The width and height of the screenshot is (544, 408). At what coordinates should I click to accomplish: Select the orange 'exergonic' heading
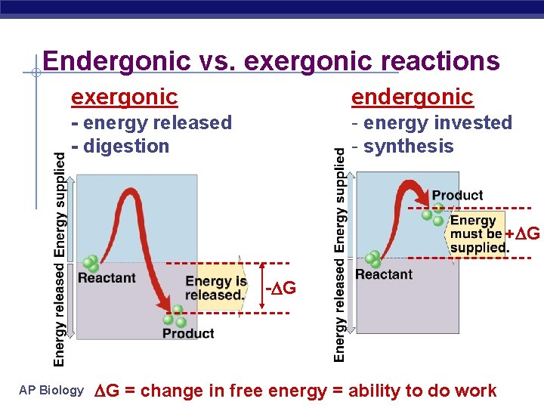coord(125,97)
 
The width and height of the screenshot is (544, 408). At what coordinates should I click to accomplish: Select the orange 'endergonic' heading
coord(412,97)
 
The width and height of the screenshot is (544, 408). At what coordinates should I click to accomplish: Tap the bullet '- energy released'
coord(151,122)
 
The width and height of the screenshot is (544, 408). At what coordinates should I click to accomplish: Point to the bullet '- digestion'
coord(120,146)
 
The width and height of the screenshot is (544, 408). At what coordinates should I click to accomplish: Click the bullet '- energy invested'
coord(431,122)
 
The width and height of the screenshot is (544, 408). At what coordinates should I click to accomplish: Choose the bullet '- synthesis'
coord(402,146)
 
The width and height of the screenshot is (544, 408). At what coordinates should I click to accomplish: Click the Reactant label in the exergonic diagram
coord(107,278)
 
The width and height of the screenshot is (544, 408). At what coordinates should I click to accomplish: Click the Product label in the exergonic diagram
coord(188,333)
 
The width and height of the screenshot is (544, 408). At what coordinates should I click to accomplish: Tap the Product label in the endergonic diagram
coord(457,195)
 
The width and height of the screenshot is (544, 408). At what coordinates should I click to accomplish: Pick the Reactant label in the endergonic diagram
coord(384,274)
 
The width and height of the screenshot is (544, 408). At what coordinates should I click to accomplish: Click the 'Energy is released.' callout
coord(216,288)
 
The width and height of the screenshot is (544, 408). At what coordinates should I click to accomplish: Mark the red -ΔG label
coord(280,289)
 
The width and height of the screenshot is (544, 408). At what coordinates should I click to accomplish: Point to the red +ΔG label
coord(523,233)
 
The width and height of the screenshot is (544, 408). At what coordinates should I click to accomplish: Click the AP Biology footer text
coord(52,391)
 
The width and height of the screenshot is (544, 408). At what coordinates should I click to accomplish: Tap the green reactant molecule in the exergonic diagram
coord(91,264)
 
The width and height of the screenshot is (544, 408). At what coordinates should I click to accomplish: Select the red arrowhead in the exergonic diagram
coord(162,304)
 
